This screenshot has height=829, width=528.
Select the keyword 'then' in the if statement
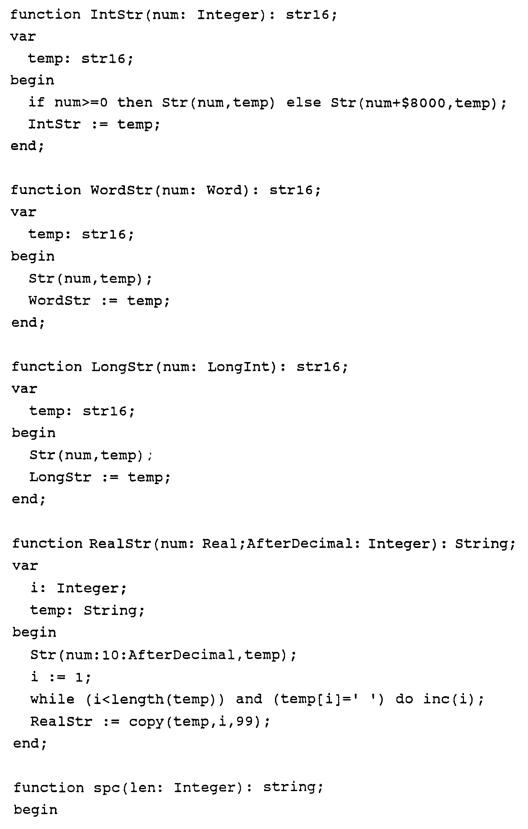pos(135,102)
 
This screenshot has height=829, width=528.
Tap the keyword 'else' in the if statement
pos(304,102)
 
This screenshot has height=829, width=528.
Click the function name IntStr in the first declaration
pos(116,15)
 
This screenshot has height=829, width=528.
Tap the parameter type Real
pos(219,544)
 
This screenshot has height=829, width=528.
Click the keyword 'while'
pos(52,699)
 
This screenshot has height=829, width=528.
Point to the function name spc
pos(107,788)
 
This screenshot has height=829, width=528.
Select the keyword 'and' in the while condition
pos(249,699)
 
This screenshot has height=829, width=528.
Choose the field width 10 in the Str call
pos(110,654)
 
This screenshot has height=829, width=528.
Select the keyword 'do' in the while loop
pos(404,699)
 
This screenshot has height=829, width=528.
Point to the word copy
pos(146,721)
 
